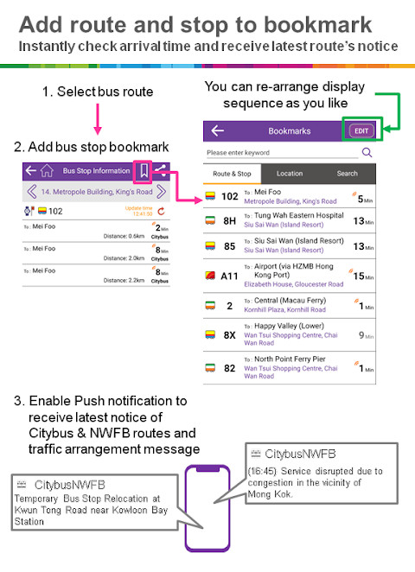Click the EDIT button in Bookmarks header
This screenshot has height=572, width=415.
click(361, 130)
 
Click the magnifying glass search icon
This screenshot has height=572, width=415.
click(367, 152)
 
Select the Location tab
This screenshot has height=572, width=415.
click(290, 174)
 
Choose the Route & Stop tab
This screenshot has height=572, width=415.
click(233, 174)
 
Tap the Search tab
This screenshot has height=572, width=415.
click(347, 174)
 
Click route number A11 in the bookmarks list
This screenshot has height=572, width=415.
click(229, 276)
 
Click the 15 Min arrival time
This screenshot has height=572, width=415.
click(363, 276)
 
